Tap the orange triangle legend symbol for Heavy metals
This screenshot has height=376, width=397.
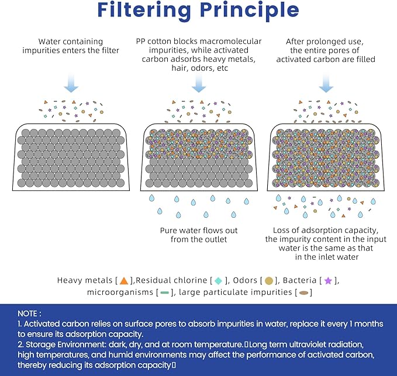click(x=123, y=281)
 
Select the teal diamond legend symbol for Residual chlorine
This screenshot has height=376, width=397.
click(x=219, y=281)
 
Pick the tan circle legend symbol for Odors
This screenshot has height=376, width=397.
click(x=268, y=281)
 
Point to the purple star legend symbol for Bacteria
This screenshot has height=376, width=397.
click(x=328, y=281)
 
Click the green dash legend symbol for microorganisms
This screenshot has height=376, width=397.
click(x=164, y=293)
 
